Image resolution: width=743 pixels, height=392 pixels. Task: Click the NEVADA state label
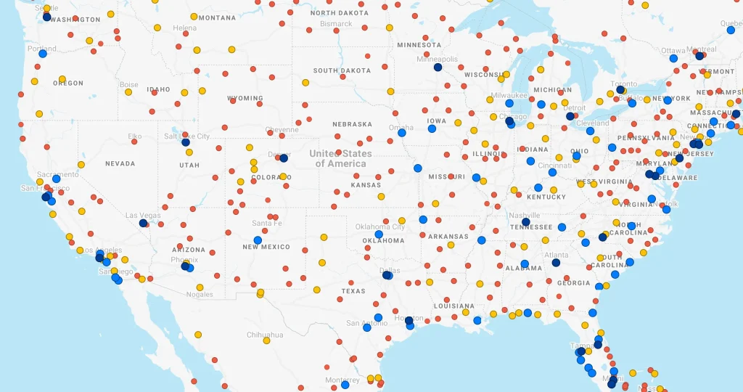[x=120, y=164]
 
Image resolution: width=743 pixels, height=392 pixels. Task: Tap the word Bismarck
[x=337, y=24]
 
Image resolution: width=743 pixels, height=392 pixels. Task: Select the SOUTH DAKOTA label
[x=342, y=70]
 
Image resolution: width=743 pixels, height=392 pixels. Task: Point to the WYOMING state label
[x=245, y=98]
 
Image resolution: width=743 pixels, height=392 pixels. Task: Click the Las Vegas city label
[x=143, y=216]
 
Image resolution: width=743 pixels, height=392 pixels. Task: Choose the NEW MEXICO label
[x=266, y=247]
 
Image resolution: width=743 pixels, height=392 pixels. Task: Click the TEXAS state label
[x=353, y=291]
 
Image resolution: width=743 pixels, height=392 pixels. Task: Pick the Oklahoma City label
[x=380, y=227]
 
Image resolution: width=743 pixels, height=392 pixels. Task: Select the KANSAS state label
[x=366, y=185]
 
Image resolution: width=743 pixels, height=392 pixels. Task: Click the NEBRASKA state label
[x=352, y=124]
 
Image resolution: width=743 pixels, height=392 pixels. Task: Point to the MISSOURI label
[x=446, y=177]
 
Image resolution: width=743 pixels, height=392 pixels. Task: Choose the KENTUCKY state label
[x=546, y=197]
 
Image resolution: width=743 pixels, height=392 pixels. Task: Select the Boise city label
[x=128, y=85]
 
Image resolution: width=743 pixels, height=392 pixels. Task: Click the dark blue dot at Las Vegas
[x=143, y=224]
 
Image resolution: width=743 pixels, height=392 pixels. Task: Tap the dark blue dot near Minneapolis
[x=438, y=68]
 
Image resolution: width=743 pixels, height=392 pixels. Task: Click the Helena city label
[x=184, y=28]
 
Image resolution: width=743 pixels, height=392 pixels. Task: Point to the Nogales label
[x=200, y=295]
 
